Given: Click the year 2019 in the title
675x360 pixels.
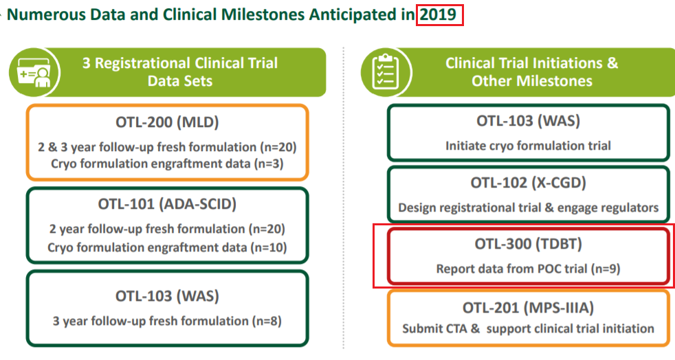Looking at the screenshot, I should click(440, 14).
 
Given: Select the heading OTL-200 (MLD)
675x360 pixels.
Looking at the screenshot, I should click(167, 124).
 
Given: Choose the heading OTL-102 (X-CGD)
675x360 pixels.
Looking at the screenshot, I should click(528, 183).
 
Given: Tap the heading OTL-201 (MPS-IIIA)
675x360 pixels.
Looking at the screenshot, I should click(528, 306).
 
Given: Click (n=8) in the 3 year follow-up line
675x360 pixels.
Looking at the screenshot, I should click(267, 321).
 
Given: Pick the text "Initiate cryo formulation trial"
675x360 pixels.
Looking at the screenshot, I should click(528, 146).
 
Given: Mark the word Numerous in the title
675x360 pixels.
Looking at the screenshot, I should click(44, 14).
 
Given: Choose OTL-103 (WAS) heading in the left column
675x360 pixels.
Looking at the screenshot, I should click(167, 296).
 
